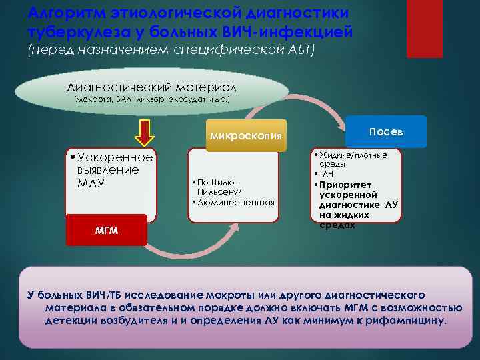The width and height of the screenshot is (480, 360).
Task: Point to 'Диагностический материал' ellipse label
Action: (x=151, y=87)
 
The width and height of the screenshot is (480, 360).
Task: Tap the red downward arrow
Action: (x=145, y=131)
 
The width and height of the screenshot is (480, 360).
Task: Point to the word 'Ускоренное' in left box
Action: (x=115, y=157)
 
